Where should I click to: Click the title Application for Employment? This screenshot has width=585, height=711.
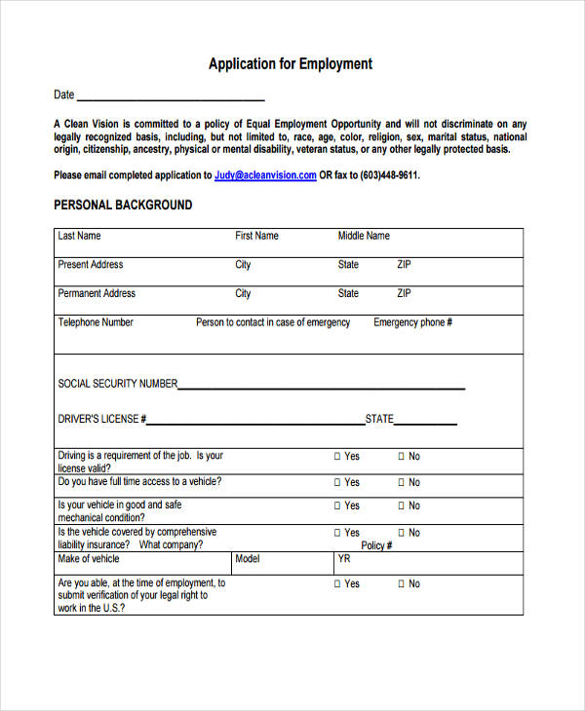pos(291,64)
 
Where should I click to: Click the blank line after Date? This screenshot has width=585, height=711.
pos(171,97)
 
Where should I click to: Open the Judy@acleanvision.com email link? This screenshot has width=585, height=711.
pos(265,175)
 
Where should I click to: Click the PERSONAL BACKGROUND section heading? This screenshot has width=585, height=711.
pos(123,206)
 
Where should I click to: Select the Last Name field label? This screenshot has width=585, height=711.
pos(79,236)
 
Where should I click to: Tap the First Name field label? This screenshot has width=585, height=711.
pos(256,236)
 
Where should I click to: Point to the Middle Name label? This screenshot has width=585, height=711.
pos(364,236)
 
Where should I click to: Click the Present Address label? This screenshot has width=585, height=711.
pos(91,265)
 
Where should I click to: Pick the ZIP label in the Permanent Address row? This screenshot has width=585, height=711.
pos(404,293)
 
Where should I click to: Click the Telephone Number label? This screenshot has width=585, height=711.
pos(96,322)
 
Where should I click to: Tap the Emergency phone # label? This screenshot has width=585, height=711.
pos(412,322)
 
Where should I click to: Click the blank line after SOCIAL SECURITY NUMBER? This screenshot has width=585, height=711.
pos(322,387)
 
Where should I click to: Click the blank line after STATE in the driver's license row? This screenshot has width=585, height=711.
pos(425,423)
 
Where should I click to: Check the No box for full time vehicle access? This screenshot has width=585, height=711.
pos(401,482)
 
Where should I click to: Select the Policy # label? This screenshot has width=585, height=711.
pos(376,546)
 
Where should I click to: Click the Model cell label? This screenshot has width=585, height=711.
pos(248,559)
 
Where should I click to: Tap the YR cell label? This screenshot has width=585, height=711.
pos(344,559)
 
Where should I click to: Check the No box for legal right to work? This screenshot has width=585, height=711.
pos(401,583)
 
